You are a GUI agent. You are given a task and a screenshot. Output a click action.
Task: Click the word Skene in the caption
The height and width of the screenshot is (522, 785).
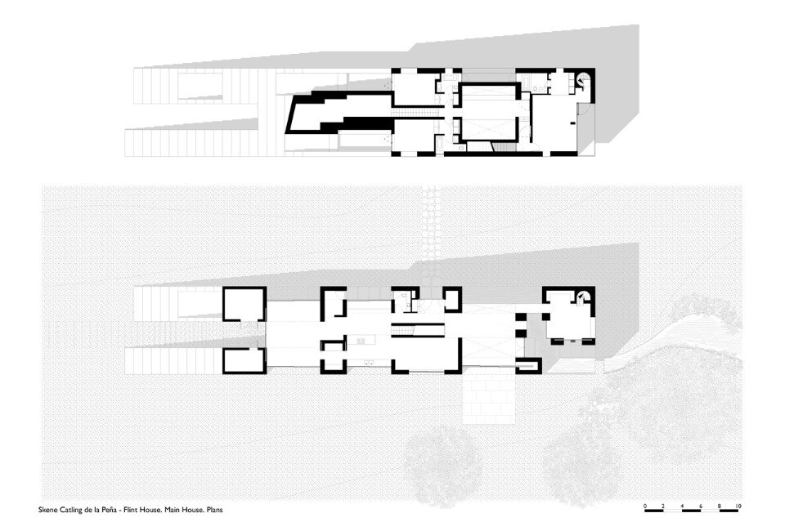[48, 510]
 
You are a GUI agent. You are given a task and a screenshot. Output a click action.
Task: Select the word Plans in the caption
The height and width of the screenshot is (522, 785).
[214, 510]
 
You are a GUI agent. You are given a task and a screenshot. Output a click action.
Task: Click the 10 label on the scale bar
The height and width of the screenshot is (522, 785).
[738, 506]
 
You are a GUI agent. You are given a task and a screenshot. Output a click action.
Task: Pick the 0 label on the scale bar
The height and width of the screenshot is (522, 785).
[645, 506]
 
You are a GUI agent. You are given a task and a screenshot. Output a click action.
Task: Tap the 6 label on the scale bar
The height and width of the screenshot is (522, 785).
[701, 506]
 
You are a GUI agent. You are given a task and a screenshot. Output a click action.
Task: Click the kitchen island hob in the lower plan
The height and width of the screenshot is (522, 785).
[361, 341]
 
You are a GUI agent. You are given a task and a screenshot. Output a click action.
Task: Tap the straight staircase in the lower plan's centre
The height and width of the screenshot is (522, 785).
[417, 330]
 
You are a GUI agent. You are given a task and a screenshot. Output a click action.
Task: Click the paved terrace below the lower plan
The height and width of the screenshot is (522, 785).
[489, 399]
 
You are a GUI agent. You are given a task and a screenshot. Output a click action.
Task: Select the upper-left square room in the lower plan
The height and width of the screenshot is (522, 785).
[244, 304]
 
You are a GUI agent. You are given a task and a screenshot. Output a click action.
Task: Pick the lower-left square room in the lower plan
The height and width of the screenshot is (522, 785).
[244, 360]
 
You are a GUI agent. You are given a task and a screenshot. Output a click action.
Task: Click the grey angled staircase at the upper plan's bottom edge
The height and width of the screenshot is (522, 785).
[500, 146]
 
